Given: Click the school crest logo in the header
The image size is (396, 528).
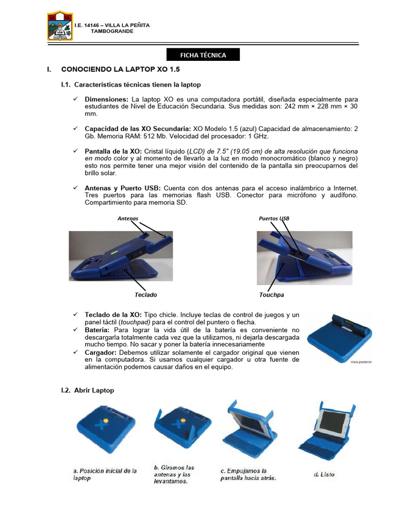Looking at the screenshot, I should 59,26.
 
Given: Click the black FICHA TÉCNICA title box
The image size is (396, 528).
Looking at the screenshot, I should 203,55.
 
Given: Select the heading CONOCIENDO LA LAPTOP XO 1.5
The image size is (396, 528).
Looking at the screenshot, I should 120,69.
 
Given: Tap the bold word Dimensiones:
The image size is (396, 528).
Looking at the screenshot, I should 106,98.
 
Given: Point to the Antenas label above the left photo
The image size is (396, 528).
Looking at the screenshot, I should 128,219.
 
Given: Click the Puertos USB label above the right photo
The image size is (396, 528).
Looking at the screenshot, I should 274,219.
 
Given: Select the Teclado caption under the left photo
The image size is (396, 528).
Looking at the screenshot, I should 145,295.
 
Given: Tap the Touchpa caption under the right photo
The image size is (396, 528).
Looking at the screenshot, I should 272,295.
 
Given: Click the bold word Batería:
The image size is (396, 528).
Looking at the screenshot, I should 97,329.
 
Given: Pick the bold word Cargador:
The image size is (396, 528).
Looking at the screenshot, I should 101,352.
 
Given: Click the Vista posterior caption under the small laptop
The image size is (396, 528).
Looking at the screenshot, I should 361,362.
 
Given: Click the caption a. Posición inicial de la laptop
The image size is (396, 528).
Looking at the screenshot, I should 105,474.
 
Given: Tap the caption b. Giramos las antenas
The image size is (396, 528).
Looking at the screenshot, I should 174,474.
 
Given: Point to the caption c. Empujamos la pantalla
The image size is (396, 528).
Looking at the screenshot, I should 248,474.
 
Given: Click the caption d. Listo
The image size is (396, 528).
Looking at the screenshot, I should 324,474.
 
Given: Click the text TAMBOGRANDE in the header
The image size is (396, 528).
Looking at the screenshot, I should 112,31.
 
